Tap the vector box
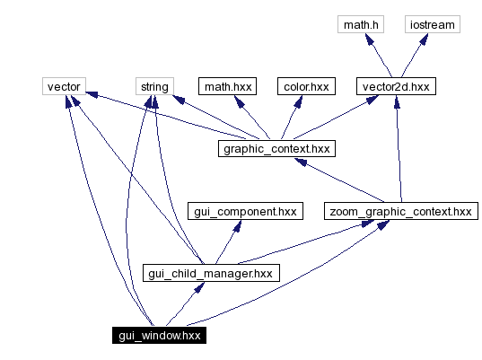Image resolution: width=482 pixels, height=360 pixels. [63, 87]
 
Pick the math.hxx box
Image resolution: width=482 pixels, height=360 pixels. [227, 87]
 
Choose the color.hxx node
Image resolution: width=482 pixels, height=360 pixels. [306, 87]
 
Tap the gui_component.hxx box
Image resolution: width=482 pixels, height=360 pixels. [244, 211]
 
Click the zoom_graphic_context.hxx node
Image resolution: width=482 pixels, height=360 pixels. [399, 211]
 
